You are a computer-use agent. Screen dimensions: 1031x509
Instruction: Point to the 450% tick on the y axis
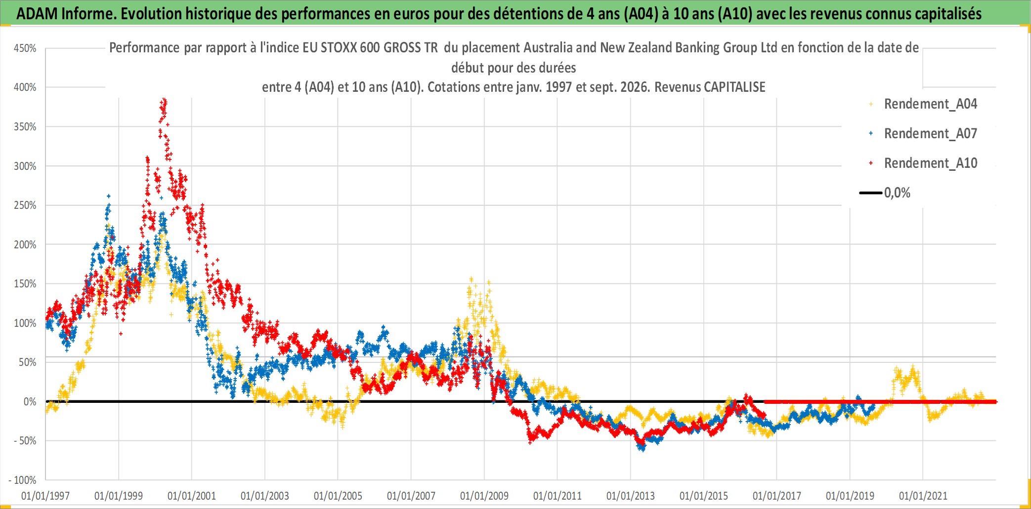25,48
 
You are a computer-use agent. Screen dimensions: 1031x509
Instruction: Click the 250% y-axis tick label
25,205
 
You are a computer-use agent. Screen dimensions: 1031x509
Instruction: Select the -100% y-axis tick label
23,480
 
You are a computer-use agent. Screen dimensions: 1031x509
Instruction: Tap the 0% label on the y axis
30,402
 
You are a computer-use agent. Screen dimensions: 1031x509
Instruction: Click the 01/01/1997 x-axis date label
45,496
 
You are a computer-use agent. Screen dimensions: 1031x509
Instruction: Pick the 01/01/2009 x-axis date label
484,496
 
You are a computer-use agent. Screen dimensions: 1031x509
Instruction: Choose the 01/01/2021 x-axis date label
923,496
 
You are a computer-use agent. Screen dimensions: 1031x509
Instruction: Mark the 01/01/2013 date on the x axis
631,496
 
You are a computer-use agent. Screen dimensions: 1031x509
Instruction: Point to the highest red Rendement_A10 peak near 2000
164,100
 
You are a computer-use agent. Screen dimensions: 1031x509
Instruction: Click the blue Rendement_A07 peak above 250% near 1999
109,196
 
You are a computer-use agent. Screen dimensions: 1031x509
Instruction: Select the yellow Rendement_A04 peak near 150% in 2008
471,279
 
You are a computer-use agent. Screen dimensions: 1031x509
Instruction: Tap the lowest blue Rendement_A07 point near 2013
642,449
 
